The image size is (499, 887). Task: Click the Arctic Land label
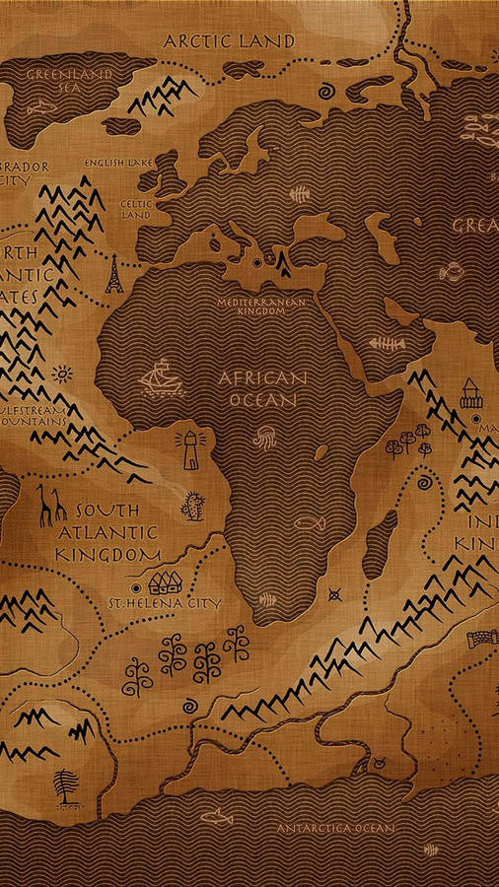pyautogui.click(x=229, y=40)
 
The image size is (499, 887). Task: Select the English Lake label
pyautogui.click(x=116, y=163)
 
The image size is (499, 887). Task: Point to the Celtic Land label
pyautogui.click(x=135, y=209)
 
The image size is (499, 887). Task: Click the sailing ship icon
pyautogui.click(x=157, y=377)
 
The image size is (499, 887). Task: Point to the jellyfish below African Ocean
pyautogui.click(x=265, y=438)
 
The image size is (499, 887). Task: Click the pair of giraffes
pyautogui.click(x=51, y=505)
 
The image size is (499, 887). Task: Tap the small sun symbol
pyautogui.click(x=62, y=375)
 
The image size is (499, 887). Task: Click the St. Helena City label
pyautogui.click(x=165, y=602)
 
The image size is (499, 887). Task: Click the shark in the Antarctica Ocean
pyautogui.click(x=214, y=816)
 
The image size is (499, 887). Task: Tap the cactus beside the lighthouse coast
pyautogui.click(x=192, y=507)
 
